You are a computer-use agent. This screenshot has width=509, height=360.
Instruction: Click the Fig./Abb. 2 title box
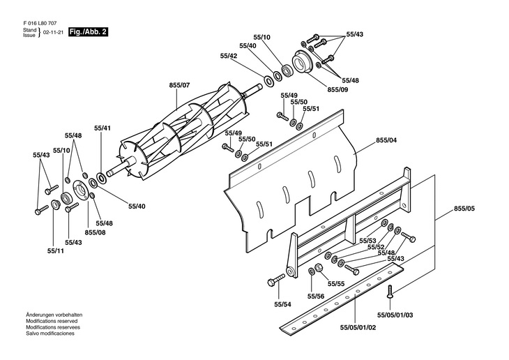coord(88,32)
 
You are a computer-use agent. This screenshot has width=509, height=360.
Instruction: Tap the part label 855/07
coord(179,85)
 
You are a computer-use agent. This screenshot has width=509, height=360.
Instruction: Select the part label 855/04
coord(386,140)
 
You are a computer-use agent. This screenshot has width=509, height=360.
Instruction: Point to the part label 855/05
coord(464,209)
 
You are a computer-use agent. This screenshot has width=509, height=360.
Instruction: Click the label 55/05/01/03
coord(395,315)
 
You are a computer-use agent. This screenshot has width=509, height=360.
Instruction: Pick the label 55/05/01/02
coord(358,327)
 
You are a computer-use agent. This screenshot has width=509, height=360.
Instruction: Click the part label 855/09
coord(337,90)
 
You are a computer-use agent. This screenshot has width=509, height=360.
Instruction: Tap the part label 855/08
coord(95,232)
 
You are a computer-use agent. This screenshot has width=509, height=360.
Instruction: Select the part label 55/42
coord(229,56)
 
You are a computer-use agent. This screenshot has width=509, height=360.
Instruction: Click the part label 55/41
coord(102,128)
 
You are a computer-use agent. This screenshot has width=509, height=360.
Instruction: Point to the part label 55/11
coord(56,251)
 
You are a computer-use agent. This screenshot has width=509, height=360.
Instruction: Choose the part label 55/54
coord(283,304)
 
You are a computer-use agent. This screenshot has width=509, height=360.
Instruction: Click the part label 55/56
coord(316,297)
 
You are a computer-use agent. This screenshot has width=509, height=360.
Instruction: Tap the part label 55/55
coord(336,284)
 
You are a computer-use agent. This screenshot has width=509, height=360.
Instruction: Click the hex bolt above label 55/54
coord(276,280)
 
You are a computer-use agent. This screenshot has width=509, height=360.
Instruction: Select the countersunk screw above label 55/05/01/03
coord(390,291)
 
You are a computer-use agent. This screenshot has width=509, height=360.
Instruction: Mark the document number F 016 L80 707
coord(40,24)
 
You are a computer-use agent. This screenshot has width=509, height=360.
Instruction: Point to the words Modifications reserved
coord(52,321)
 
